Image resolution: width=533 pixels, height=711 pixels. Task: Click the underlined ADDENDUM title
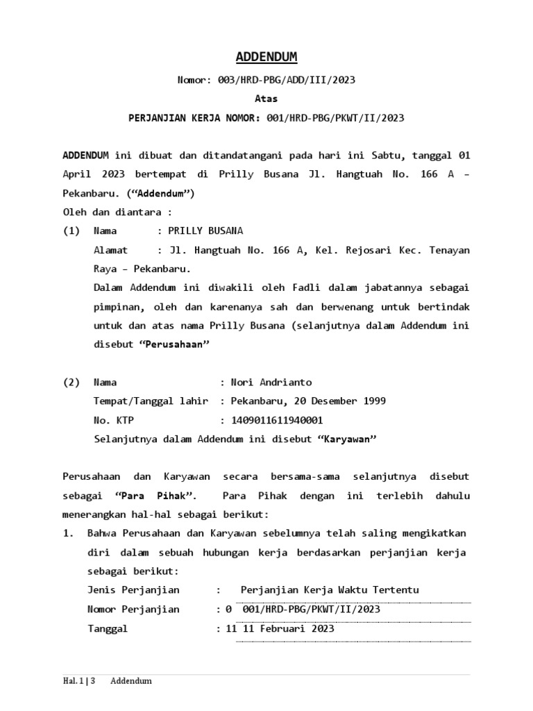[266, 57]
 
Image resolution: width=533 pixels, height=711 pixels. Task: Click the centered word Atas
[266, 99]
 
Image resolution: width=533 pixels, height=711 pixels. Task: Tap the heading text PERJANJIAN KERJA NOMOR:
[194, 118]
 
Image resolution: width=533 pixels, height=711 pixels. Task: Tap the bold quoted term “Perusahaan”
[176, 344]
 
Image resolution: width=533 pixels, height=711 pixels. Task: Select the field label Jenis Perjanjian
[133, 590]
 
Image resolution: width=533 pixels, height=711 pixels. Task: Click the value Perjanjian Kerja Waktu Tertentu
[330, 590]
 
